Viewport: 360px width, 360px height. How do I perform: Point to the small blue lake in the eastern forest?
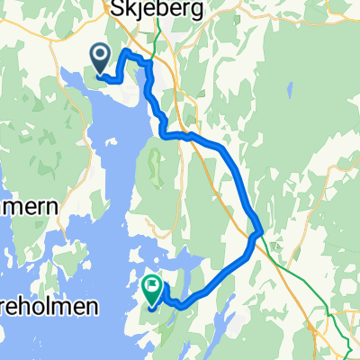290,91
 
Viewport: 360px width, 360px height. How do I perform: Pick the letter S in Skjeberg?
114,9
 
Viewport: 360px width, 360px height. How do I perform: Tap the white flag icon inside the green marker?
152,288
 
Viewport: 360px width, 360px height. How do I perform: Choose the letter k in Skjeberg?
127,9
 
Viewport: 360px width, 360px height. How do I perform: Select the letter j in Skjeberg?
136,10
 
